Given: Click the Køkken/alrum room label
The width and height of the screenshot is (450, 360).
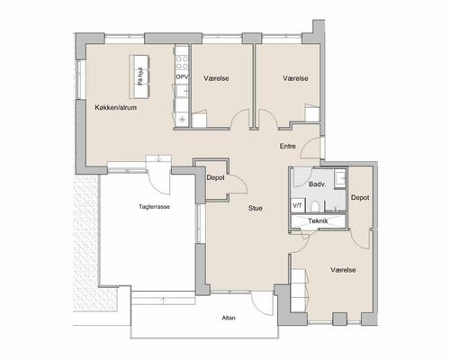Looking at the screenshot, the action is pyautogui.click(x=116, y=107).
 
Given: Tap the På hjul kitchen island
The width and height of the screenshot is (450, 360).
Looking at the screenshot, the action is pyautogui.click(x=139, y=76).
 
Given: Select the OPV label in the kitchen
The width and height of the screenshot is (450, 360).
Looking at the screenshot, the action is pyautogui.click(x=182, y=76).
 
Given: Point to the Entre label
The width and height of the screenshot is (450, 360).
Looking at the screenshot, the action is pyautogui.click(x=288, y=146).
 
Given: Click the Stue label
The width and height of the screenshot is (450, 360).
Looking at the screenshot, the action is pyautogui.click(x=256, y=208).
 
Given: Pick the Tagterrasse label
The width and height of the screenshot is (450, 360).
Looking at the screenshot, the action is pyautogui.click(x=154, y=207).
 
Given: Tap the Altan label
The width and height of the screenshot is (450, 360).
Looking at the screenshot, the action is pyautogui.click(x=229, y=318).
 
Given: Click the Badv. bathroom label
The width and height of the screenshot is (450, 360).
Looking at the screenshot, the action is pyautogui.click(x=318, y=184).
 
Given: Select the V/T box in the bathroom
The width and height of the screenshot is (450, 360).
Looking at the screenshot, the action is pyautogui.click(x=298, y=205).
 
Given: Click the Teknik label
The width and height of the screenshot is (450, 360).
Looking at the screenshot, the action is pyautogui.click(x=318, y=221).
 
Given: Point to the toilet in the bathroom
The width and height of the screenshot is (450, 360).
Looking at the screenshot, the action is pyautogui.click(x=315, y=206).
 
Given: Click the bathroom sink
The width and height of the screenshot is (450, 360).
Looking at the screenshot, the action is pyautogui.click(x=340, y=178).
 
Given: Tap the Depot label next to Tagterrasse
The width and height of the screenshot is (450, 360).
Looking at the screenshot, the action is pyautogui.click(x=215, y=177).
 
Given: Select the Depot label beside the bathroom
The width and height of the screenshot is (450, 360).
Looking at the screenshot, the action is pyautogui.click(x=360, y=198).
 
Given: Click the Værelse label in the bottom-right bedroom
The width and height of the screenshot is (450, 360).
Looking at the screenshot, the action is pyautogui.click(x=343, y=270).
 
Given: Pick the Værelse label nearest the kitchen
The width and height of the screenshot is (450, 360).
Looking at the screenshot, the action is pyautogui.click(x=216, y=78).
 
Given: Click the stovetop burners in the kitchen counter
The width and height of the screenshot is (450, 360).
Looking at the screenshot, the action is pyautogui.click(x=182, y=62).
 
